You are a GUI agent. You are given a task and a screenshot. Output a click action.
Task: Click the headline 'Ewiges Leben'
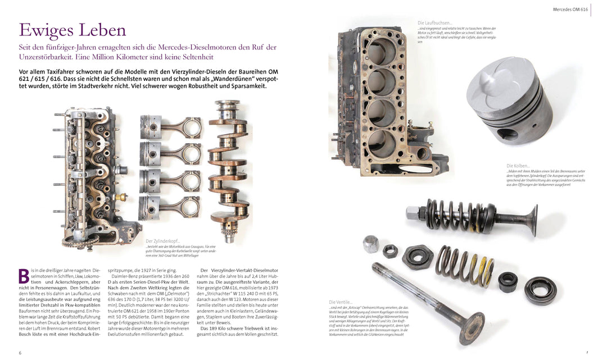(x=73, y=30)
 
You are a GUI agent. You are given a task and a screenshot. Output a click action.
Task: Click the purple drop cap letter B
(x=24, y=276)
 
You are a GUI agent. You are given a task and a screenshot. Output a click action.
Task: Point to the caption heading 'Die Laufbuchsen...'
(x=435, y=23)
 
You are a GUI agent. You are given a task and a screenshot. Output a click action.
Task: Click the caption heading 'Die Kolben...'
(x=518, y=166)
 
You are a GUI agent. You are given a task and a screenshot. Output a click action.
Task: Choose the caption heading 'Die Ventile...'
(x=341, y=302)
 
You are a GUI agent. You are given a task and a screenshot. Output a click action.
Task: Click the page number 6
(x=20, y=353)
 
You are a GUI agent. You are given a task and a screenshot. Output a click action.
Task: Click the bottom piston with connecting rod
(x=169, y=207)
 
